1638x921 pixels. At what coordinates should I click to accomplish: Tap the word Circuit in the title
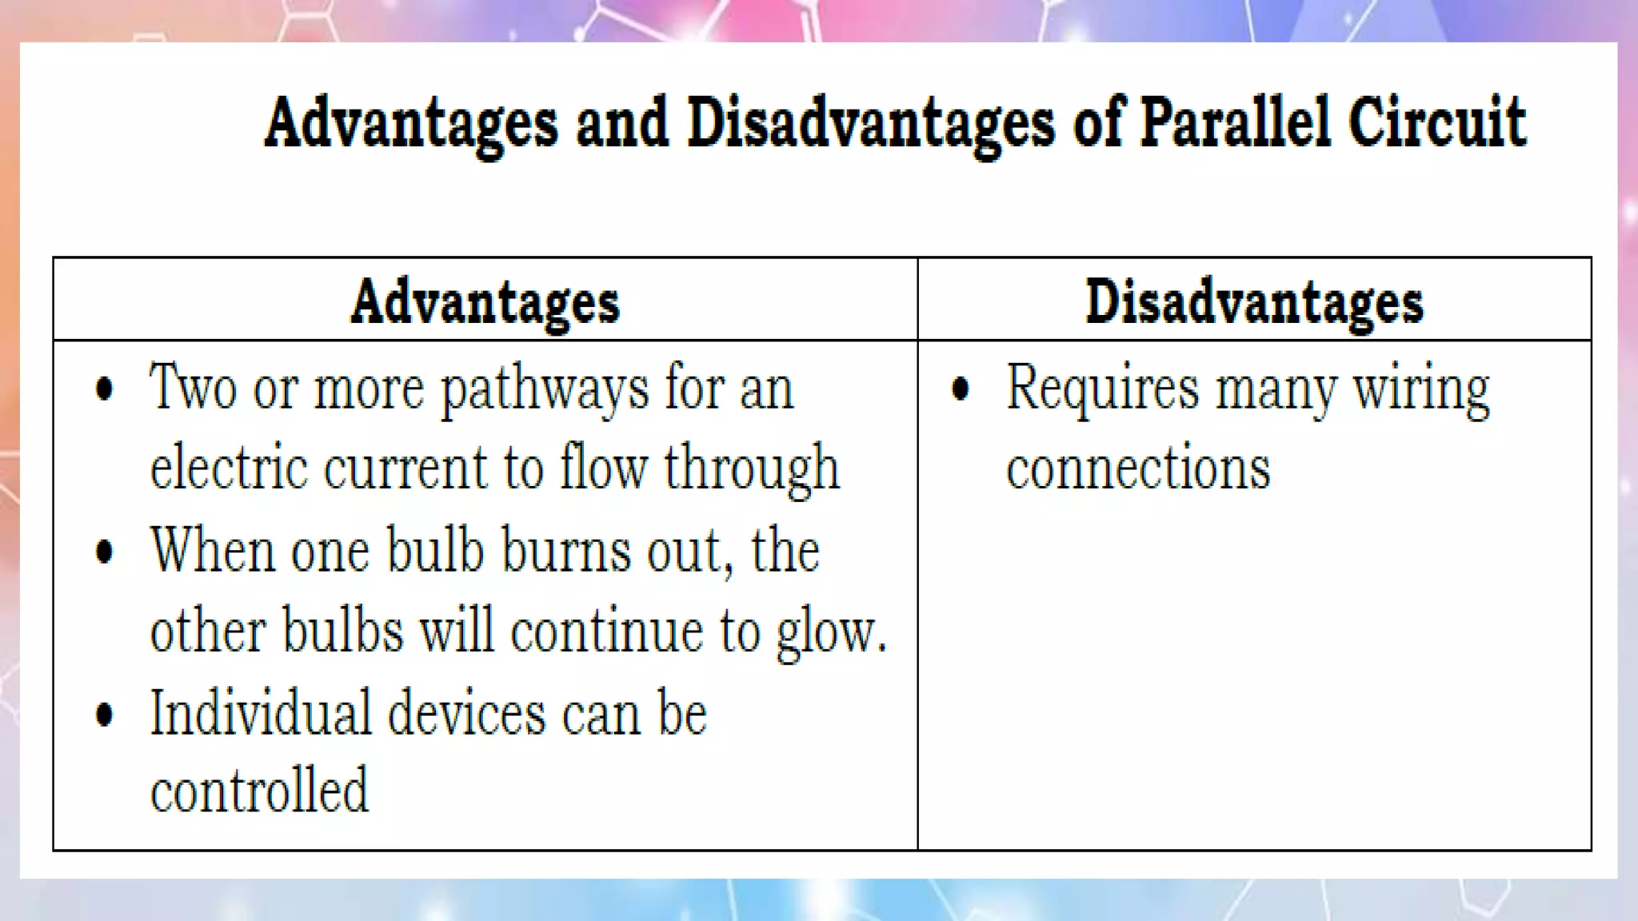click(x=1436, y=122)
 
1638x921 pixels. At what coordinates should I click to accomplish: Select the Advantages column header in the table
click(x=485, y=302)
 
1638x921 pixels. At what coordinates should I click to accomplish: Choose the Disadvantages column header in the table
click(x=1254, y=302)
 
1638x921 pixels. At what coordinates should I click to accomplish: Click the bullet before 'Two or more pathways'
click(x=104, y=390)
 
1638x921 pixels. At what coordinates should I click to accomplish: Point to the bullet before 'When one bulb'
click(x=104, y=552)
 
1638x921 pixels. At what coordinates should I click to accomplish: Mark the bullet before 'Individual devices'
click(x=104, y=714)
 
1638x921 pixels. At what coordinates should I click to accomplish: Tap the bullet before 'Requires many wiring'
click(x=961, y=390)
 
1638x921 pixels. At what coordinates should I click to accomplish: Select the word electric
click(x=229, y=468)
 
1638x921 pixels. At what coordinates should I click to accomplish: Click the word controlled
click(x=259, y=790)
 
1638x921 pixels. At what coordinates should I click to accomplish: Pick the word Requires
click(x=1102, y=390)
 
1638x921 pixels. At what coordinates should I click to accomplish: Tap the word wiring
click(x=1420, y=390)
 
